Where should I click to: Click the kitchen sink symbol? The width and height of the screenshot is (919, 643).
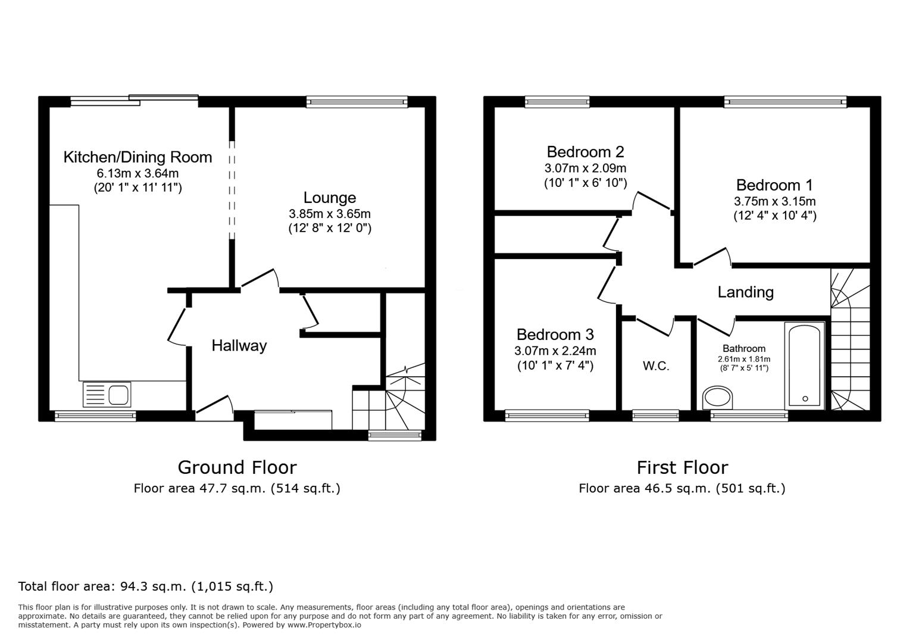pos(108,394)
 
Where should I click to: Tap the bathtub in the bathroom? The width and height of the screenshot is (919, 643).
pos(805,366)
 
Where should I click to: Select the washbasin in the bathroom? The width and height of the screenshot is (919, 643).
pos(718,398)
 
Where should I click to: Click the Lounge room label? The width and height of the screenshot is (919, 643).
pos(330,198)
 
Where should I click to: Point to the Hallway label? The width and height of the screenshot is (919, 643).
pos(239,345)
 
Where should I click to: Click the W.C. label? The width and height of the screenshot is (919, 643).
pos(656,366)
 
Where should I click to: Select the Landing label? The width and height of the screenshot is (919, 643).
pos(745,292)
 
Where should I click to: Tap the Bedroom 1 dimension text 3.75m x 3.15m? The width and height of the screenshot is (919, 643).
pos(774,201)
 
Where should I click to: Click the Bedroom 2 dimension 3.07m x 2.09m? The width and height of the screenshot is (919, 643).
pos(585,168)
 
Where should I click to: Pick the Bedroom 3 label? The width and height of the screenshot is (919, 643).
pos(555,335)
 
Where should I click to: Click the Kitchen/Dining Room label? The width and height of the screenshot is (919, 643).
pos(137,157)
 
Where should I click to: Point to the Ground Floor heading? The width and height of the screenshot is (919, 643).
pos(237,467)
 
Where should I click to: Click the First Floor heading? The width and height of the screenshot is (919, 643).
pos(682,467)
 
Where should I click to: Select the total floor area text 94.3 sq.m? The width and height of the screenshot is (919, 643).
pos(146,586)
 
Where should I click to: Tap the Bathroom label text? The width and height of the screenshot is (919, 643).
pos(744,349)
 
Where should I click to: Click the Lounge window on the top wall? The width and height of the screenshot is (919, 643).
pos(357,102)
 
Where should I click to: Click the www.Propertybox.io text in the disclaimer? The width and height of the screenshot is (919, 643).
pos(324,625)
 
